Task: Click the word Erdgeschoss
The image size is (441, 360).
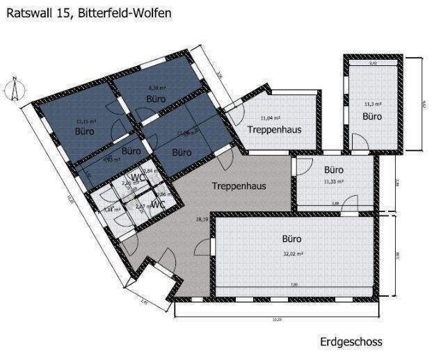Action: (x=351, y=342)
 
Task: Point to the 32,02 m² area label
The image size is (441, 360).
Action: (x=292, y=254)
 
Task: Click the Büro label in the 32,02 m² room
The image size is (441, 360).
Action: (x=291, y=238)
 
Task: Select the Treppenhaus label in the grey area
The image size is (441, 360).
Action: (x=239, y=186)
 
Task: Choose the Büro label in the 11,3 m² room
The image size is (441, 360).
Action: (x=372, y=117)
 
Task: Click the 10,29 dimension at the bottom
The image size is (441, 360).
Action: (x=277, y=320)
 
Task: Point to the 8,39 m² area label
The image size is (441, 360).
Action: (x=154, y=88)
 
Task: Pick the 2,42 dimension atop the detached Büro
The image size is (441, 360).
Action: (x=372, y=63)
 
